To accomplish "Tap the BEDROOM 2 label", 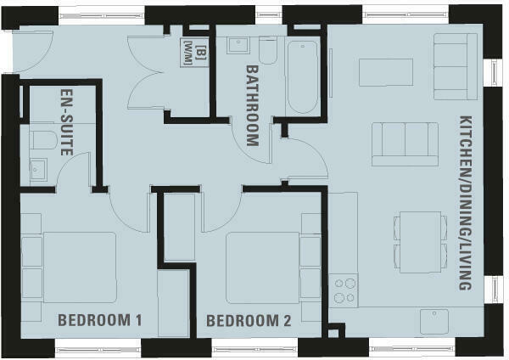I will coord(249,321).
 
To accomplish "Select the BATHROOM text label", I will coord(252,105).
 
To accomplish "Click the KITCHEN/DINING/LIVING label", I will coord(464,203).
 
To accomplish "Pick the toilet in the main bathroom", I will coord(267,51).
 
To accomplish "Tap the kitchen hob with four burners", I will coord(345,290).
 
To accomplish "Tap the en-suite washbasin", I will coord(38,169).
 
